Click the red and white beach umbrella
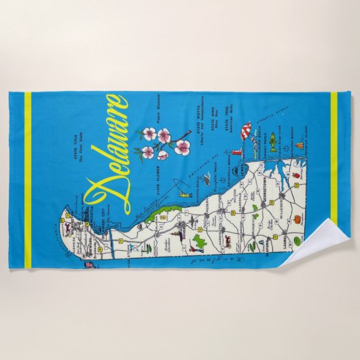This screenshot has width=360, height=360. pyautogui.click(x=247, y=129)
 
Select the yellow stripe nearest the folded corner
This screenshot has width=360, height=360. pyautogui.click(x=333, y=170)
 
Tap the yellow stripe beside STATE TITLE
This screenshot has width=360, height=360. pyautogui.click(x=28, y=170)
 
